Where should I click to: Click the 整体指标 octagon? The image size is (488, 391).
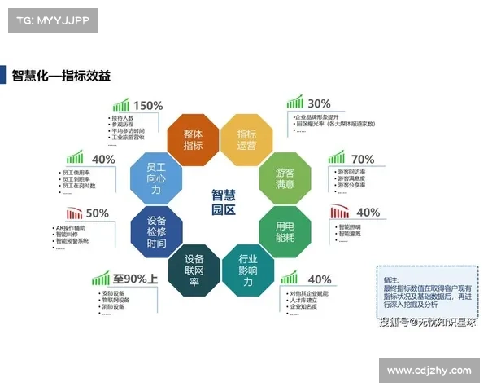pos(194,139)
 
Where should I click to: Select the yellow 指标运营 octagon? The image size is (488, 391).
pos(246,139)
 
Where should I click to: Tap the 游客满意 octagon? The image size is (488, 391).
pos(285,178)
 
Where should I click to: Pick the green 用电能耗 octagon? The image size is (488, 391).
pos(285,231)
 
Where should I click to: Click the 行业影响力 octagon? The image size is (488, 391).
pos(247,270)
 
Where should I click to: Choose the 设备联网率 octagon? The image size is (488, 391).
pos(194,270)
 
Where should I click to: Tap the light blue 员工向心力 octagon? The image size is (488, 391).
pos(156,178)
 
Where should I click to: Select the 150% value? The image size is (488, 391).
pos(148,105)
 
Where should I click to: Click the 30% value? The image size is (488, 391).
pos(319,103)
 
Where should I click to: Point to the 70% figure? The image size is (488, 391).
pos(363,159)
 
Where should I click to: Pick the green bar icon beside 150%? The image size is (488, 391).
pos(121,105)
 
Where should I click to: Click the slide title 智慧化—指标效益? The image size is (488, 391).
pos(61,75)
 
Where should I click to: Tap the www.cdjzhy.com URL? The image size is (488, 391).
pos(429,371)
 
